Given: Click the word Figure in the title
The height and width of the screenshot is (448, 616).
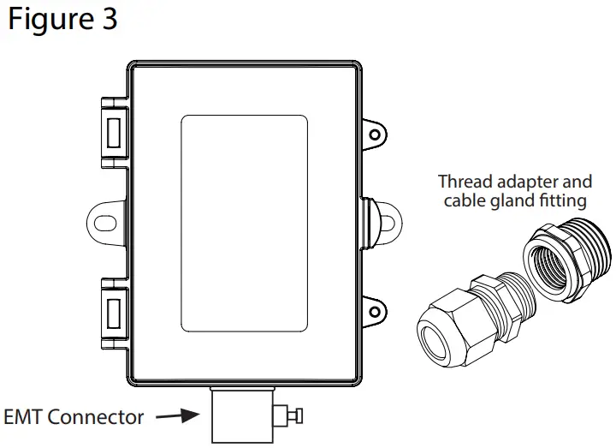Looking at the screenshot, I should point(49,20).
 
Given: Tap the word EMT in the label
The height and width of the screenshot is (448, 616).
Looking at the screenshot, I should point(23,418).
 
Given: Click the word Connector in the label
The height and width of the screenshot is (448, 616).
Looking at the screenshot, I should point(96,418).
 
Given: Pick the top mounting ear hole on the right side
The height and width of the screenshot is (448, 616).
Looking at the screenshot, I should point(374,134).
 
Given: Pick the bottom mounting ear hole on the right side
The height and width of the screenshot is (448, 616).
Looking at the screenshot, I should point(374,308).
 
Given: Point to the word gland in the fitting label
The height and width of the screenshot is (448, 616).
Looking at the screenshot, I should point(510,201).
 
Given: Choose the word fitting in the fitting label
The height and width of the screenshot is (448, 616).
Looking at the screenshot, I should point(561,201).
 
